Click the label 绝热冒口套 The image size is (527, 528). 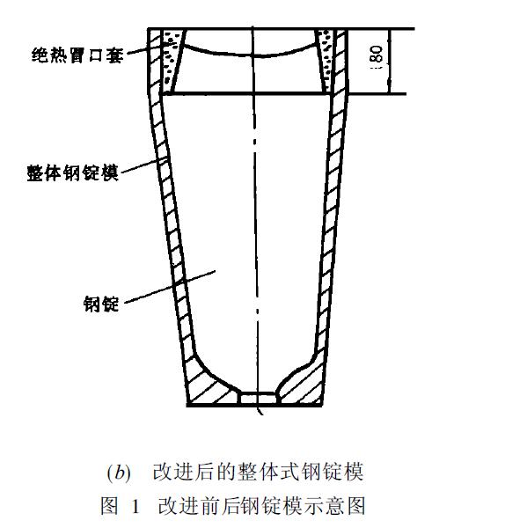click(77, 55)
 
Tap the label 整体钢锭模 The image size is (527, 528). click(72, 173)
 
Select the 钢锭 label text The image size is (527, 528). click(101, 304)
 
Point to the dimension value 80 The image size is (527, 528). click(377, 55)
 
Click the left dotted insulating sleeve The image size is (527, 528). click(172, 61)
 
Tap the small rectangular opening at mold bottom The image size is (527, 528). click(259, 398)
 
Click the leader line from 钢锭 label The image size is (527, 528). click(170, 287)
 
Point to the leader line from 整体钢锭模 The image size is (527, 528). click(145, 165)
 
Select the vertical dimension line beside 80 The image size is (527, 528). click(390, 62)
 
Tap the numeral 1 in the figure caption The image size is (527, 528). click(135, 506)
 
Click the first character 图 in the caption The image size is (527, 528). click(110, 506)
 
